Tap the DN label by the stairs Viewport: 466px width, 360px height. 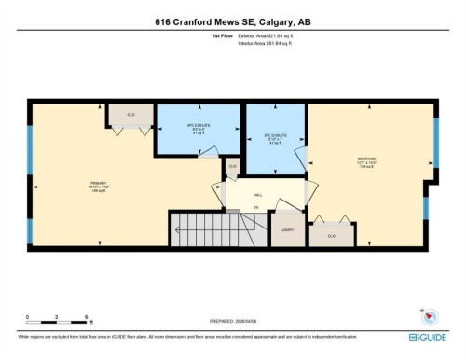tap(255, 207)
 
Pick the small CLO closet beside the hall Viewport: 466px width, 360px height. tap(232, 167)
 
